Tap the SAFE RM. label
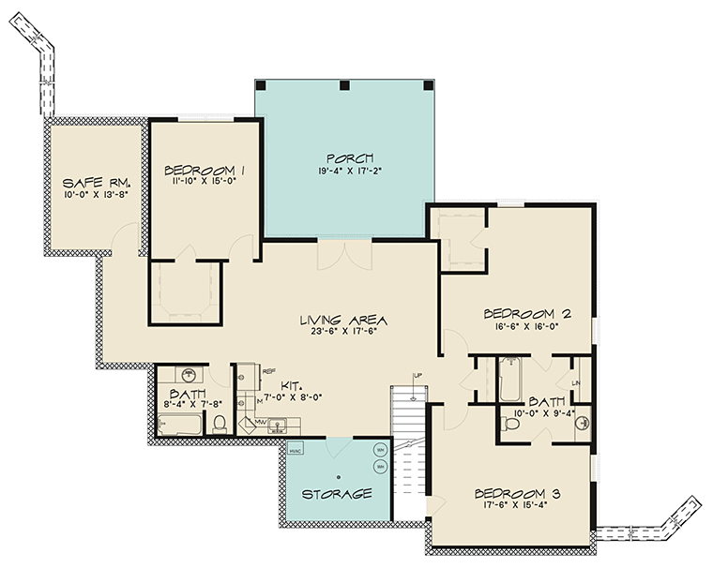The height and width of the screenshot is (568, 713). point(96,182)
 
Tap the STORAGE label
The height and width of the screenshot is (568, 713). point(337,493)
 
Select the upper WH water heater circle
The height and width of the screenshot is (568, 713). point(381,449)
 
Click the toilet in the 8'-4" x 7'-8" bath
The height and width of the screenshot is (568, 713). point(220,424)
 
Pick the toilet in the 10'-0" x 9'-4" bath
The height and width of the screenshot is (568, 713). point(512,424)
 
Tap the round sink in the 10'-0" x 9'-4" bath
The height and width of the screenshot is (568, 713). point(581,419)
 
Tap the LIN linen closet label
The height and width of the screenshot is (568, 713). point(578,385)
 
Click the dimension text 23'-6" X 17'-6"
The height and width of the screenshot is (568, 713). point(341,333)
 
